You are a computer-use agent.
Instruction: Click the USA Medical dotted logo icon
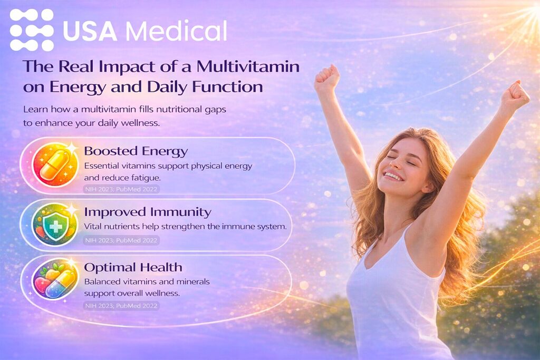(x=32, y=30)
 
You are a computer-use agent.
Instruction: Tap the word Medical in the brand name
(x=176, y=31)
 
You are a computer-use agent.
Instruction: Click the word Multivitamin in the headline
(x=248, y=66)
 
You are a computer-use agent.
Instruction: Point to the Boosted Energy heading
(x=136, y=151)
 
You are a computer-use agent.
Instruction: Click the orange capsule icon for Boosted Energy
(x=55, y=165)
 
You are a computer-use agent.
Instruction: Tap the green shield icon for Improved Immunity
(x=55, y=225)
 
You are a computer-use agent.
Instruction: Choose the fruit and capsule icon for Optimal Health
(x=55, y=279)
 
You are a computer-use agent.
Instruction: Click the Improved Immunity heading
(x=148, y=212)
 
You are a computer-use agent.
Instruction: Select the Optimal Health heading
(x=133, y=267)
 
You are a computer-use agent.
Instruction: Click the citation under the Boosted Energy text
(x=121, y=189)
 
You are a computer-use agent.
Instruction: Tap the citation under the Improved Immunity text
(x=121, y=240)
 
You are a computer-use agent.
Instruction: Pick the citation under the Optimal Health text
(x=121, y=306)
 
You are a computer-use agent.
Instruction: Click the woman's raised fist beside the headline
(x=327, y=78)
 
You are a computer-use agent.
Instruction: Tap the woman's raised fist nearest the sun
(x=515, y=95)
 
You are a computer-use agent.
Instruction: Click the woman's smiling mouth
(x=393, y=176)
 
